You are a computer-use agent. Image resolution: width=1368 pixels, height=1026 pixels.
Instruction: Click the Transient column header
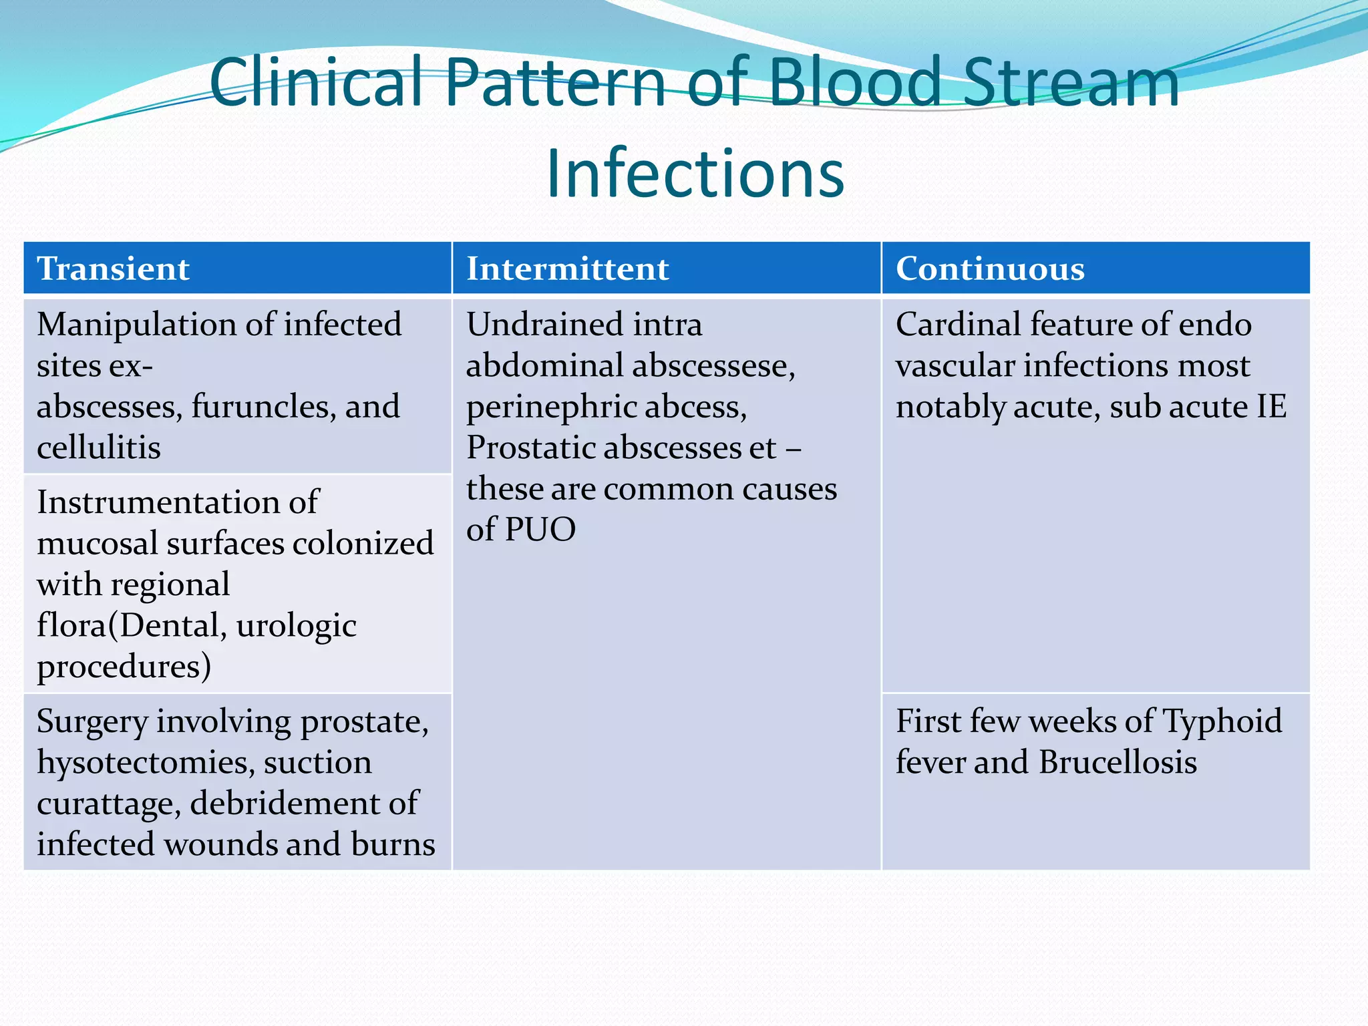[113, 269]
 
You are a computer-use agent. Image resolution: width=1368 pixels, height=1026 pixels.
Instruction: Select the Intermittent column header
[567, 269]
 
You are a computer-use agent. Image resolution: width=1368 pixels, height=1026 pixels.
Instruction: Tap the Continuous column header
[989, 269]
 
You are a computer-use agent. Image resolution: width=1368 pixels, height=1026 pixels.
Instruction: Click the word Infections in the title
[695, 174]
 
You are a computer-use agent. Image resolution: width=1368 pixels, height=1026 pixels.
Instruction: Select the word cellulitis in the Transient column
[99, 448]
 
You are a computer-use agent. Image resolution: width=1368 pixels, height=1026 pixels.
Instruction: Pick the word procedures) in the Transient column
[124, 667]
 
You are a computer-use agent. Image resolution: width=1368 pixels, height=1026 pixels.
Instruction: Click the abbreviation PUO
[540, 530]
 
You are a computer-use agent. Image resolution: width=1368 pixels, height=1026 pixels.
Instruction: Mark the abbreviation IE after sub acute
[1271, 406]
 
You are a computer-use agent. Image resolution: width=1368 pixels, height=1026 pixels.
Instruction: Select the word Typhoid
[1222, 721]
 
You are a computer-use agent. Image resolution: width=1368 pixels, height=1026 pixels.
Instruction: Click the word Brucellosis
[1118, 762]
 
